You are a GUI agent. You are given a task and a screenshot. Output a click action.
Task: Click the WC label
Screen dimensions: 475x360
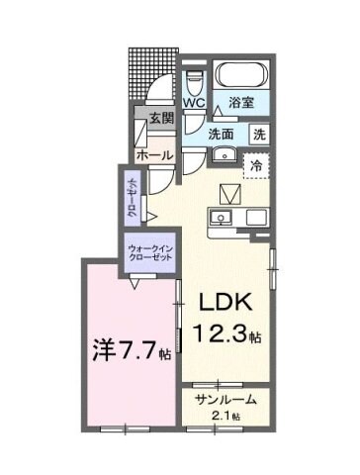[x=193, y=102]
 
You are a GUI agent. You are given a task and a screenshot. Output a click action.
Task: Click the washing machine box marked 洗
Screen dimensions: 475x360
[x=259, y=134]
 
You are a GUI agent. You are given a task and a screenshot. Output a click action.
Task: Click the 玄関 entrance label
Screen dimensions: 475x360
[x=160, y=117]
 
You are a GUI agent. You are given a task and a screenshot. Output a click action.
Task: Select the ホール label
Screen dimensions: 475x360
[x=155, y=156]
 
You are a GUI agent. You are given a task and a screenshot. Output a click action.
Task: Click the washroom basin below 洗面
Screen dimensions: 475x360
[x=223, y=153]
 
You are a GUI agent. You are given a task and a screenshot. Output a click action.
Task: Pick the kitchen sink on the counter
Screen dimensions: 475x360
[x=221, y=217]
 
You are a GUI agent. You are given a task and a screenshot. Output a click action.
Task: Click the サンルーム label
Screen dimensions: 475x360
[x=226, y=400]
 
